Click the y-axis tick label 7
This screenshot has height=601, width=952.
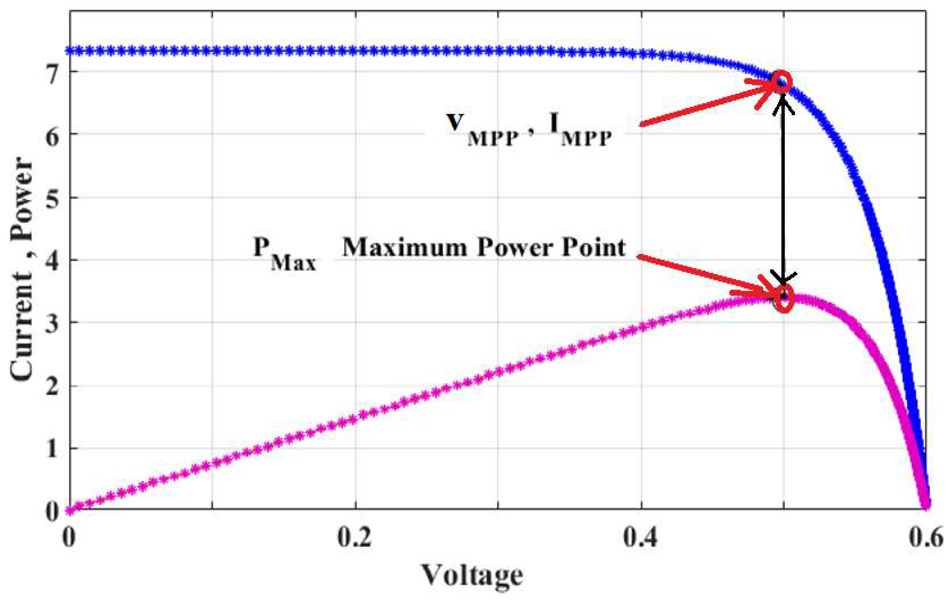coord(52,72)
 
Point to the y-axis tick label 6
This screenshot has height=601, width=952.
coord(52,134)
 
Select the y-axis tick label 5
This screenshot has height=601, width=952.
coord(52,197)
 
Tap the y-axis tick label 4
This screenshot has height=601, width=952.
coord(52,260)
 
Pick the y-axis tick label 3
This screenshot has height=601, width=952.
coord(52,323)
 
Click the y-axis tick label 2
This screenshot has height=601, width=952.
coord(52,386)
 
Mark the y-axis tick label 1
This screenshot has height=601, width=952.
coord(52,448)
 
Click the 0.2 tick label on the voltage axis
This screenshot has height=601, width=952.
coord(355,538)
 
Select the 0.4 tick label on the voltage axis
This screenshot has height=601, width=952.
coord(641,538)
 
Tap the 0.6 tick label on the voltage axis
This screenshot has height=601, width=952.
coord(929,538)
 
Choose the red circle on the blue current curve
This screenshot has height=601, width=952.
coord(782,82)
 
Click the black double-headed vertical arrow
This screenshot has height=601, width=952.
coord(783,190)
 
